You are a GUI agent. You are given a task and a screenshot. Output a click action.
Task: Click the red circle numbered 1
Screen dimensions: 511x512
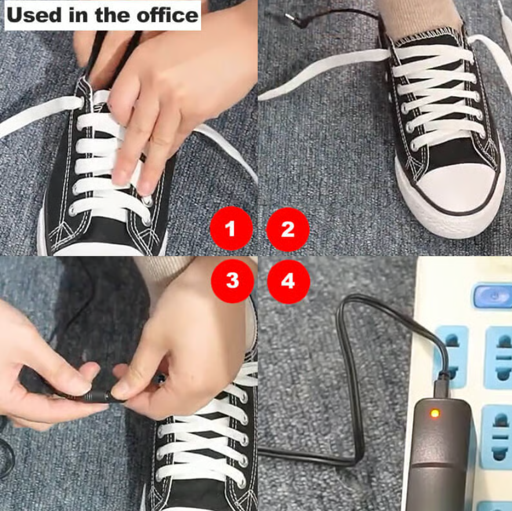point(231,229)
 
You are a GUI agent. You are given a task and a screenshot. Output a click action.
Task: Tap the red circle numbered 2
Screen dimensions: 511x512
point(288,229)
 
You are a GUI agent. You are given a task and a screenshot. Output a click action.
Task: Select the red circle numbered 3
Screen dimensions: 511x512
point(231,281)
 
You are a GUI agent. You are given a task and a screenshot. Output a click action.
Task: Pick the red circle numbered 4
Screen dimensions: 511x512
point(288,281)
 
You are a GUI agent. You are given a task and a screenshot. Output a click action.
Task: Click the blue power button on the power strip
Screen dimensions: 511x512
point(493,294)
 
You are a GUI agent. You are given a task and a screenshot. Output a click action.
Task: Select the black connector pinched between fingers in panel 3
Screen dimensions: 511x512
point(96,398)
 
